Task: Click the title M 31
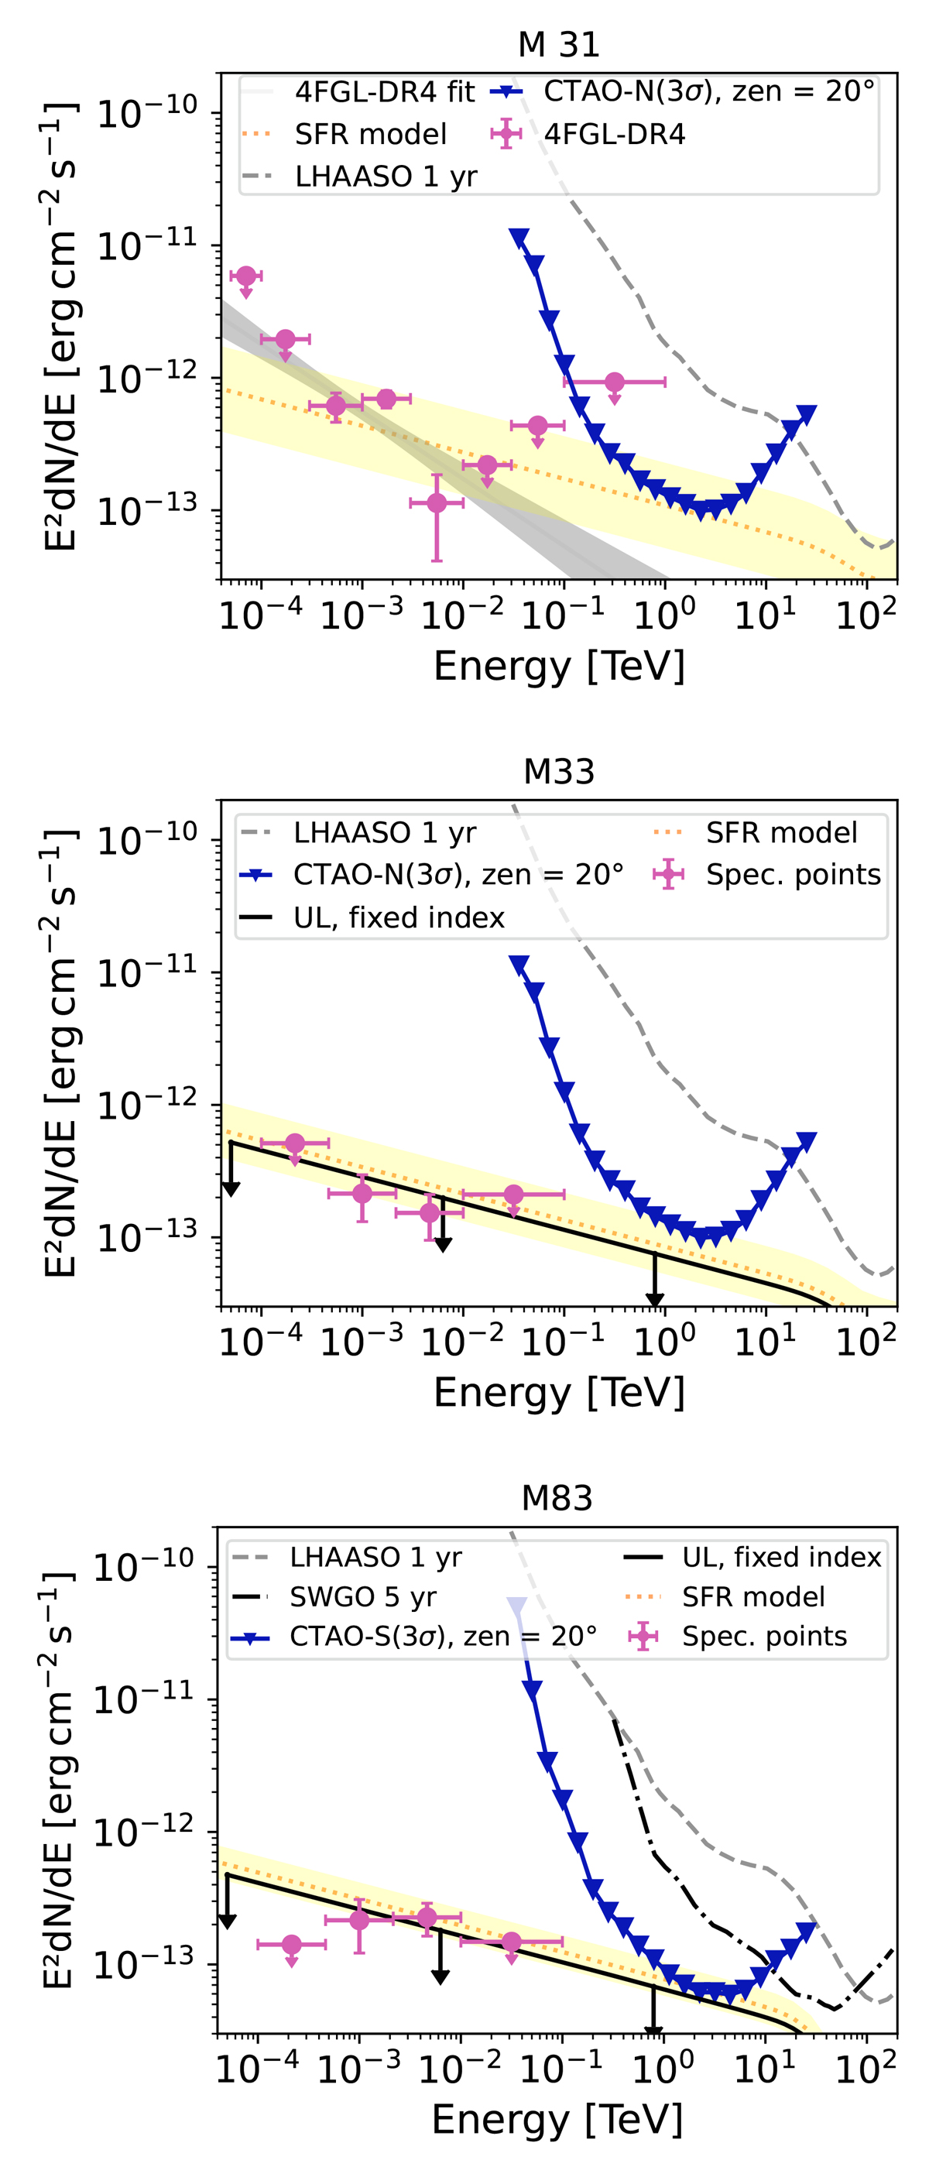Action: pyautogui.click(x=558, y=45)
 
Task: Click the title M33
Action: pyautogui.click(x=559, y=771)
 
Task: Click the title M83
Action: pyautogui.click(x=557, y=1497)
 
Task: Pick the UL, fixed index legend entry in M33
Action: pyautogui.click(x=398, y=917)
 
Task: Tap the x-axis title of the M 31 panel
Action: pyautogui.click(x=559, y=666)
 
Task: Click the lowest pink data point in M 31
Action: pyautogui.click(x=436, y=504)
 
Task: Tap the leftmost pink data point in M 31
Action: pyautogui.click(x=246, y=276)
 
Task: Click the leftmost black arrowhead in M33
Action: pyautogui.click(x=231, y=1189)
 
